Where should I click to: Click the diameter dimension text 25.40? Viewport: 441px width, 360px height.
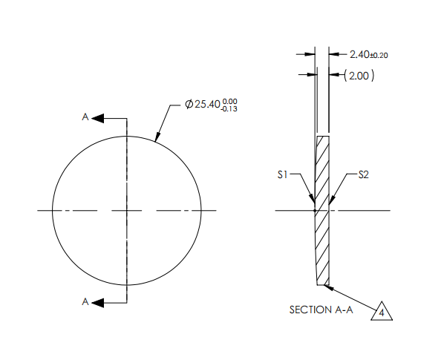click(x=207, y=105)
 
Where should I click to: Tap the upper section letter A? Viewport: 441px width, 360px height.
click(x=85, y=117)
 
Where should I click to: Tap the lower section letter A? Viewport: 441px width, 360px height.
click(x=85, y=302)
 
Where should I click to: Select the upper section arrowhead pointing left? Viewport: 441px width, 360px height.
click(x=98, y=117)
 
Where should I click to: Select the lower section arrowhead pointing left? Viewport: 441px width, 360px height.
click(x=98, y=302)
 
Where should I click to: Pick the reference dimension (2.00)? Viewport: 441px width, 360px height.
click(x=360, y=75)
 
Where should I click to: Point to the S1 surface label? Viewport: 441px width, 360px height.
click(x=282, y=175)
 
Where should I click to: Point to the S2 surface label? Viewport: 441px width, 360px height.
click(x=364, y=175)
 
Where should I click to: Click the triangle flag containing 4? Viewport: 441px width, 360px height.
click(x=382, y=312)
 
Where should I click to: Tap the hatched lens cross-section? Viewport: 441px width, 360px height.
click(x=322, y=223)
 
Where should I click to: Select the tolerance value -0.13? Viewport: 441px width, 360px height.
click(x=230, y=110)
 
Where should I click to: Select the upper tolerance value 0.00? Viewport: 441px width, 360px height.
click(x=231, y=101)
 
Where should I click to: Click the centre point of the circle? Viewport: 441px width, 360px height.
click(x=127, y=211)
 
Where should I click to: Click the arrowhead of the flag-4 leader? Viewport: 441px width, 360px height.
click(x=328, y=287)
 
